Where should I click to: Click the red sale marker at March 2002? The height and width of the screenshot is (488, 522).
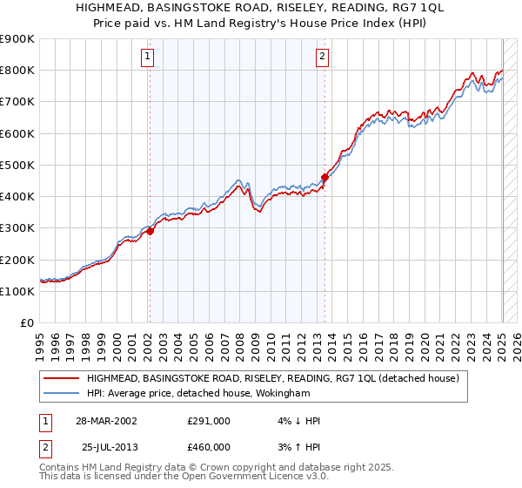[150, 231]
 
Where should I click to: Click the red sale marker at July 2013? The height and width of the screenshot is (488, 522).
[325, 177]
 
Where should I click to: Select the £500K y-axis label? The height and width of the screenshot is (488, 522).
[17, 165]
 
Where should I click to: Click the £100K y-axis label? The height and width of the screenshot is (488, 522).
[17, 291]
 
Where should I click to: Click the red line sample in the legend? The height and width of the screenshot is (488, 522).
[62, 378]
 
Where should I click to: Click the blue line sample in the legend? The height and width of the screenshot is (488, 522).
[62, 394]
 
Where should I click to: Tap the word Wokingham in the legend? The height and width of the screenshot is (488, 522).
[283, 394]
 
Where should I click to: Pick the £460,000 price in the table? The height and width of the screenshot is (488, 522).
[209, 446]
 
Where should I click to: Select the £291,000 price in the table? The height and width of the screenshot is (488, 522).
[209, 421]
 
